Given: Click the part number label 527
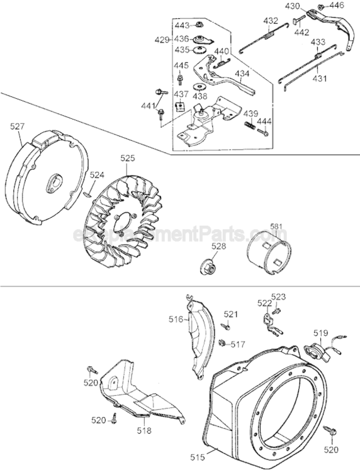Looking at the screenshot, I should (x=18, y=126).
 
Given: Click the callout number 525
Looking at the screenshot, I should (x=127, y=160).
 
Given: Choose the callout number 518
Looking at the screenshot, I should (x=144, y=432).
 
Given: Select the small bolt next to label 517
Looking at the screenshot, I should (x=223, y=343).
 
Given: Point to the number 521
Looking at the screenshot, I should (x=232, y=314).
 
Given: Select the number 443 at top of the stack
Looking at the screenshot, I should (x=181, y=26).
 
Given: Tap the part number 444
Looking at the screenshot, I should (x=265, y=121).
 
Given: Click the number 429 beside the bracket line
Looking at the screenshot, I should (x=162, y=39).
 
